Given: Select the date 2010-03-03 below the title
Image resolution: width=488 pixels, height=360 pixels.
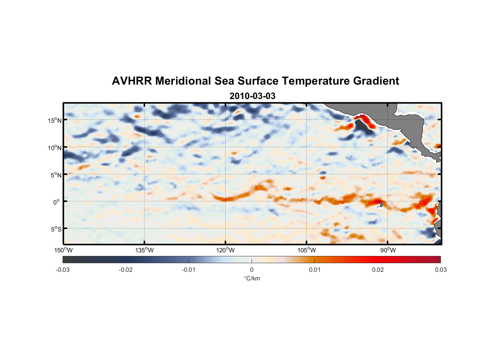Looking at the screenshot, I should click(252, 96).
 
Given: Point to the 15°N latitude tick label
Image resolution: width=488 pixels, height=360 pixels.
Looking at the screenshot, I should click(55, 120).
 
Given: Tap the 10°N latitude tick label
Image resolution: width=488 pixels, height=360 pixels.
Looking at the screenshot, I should click(55, 148).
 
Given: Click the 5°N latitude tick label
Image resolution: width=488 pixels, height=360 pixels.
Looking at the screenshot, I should click(56, 175).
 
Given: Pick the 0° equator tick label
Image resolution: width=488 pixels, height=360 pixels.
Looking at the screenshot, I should click(57, 202).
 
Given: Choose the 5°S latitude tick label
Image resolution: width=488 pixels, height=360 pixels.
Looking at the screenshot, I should click(56, 229).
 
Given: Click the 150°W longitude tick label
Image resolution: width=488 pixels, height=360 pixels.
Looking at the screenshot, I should click(63, 250).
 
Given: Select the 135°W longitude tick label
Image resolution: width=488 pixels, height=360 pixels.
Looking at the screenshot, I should click(144, 250).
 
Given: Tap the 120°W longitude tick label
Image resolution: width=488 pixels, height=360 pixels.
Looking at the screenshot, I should click(225, 250).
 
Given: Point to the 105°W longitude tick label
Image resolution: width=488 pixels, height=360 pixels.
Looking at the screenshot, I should click(307, 250).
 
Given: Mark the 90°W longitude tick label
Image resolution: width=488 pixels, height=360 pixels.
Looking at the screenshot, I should click(388, 250).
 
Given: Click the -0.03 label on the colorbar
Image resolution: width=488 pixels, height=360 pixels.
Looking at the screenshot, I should click(63, 270).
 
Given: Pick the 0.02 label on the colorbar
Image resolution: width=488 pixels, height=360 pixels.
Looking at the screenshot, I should click(378, 270).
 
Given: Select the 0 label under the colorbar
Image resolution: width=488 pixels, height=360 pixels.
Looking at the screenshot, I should click(252, 270).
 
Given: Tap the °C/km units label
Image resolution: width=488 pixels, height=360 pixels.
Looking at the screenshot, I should click(252, 278).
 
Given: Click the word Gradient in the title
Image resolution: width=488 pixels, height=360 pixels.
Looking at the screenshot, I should click(376, 81).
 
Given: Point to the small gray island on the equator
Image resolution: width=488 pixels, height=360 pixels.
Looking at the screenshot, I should click(381, 204).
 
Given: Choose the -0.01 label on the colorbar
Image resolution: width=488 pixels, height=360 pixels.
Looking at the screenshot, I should click(189, 270).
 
